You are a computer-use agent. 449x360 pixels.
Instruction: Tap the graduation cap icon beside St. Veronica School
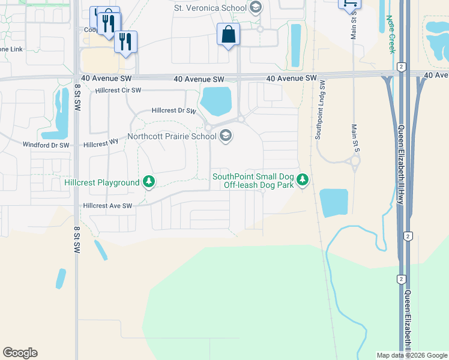[x=256, y=8]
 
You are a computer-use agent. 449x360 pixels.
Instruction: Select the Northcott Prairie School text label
[x=172, y=136]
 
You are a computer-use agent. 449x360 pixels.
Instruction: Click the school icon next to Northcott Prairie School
[x=226, y=137]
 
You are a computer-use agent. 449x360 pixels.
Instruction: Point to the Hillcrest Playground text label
[x=102, y=182]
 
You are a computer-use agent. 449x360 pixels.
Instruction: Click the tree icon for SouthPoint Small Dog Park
[x=304, y=179]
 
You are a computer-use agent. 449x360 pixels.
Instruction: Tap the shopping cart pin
[x=349, y=3]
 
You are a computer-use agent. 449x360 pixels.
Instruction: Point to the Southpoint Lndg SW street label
[x=320, y=110]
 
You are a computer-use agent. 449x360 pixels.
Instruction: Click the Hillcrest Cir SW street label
[x=118, y=91]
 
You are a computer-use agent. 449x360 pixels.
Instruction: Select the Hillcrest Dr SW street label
[x=174, y=111]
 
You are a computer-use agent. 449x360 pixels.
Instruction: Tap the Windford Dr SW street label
[x=46, y=145]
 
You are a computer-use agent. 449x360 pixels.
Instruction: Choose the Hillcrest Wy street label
[x=101, y=145]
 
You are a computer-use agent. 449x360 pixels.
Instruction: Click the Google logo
[x=20, y=353]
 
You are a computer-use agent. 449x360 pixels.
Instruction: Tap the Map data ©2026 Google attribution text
[x=411, y=355]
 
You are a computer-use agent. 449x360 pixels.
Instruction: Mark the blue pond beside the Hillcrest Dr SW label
[x=216, y=100]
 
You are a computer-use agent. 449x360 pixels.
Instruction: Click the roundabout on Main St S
[x=355, y=161]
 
